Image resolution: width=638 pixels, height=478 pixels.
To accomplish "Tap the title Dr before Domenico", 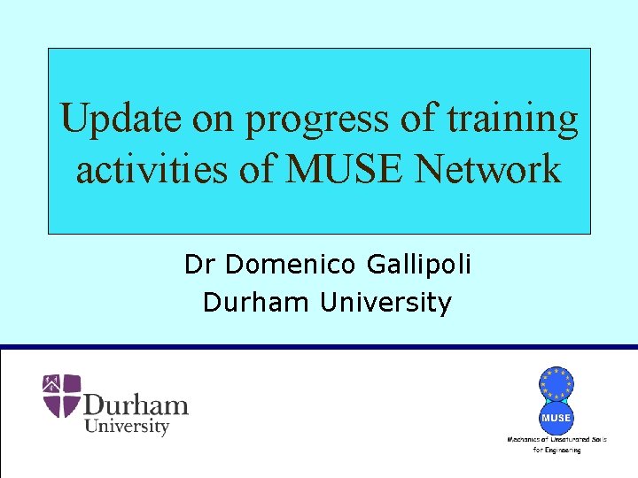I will pos(200,264).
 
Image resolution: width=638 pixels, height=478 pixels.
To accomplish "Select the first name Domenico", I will pos(299,264).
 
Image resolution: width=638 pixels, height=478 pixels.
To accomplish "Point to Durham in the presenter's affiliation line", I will pos(257,303).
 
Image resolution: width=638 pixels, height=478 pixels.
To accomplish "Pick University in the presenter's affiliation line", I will pos(385,303).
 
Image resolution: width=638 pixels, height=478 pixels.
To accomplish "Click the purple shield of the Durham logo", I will pos(61,395).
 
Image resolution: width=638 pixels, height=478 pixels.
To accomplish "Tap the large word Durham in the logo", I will pos(136,406).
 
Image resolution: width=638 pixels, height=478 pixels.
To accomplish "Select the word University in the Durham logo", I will pos(126,427).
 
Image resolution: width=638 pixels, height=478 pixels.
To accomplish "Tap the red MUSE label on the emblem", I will pos(556,417).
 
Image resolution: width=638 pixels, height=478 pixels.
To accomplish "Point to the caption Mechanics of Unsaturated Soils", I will pos(556,439).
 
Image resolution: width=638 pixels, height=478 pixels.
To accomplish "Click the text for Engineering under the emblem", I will pos(556,450).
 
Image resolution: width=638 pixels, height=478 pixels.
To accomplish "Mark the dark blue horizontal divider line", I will pos(319,346).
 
